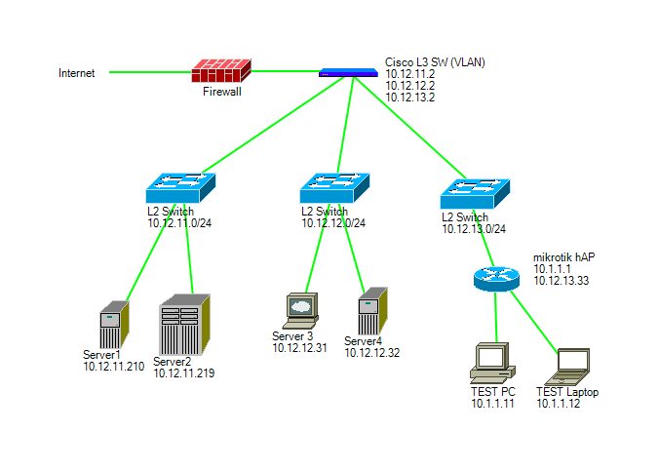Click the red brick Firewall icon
pos(221,71)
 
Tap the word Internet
pos(77,73)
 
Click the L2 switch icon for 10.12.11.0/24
pos(180,188)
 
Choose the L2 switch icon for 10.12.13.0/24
pos(476,193)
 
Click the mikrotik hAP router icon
pos(497,277)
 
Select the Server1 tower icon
pos(113,325)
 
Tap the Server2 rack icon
pos(185,325)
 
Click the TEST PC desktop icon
pos(492,362)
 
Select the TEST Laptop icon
pos(568,366)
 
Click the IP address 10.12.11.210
pos(113,367)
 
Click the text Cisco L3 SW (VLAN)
pos(435,62)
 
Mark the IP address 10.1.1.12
pos(559,404)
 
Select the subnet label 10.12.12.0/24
pos(333,223)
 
